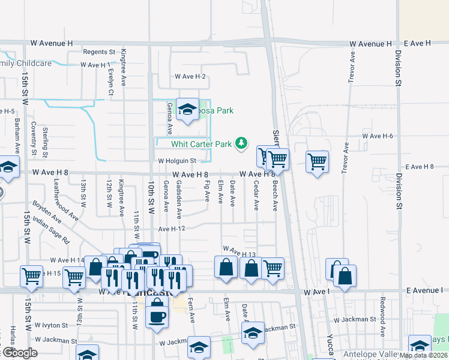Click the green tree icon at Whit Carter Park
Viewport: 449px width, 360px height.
tap(241, 143)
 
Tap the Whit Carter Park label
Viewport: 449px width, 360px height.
tap(201, 144)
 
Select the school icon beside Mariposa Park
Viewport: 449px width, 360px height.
tap(188, 110)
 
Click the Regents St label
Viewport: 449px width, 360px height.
tap(99, 52)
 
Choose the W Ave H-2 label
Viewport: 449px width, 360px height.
tap(190, 76)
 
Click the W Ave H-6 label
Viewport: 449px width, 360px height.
tap(378, 136)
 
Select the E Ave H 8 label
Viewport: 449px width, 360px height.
tap(423, 167)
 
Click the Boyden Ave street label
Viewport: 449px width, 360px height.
tap(47, 211)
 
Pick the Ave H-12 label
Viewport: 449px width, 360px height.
tap(172, 229)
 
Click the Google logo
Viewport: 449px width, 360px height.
tap(19, 353)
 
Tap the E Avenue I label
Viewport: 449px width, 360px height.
tap(424, 290)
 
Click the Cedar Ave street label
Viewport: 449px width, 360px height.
tap(256, 196)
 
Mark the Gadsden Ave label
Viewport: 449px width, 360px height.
tap(179, 200)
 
